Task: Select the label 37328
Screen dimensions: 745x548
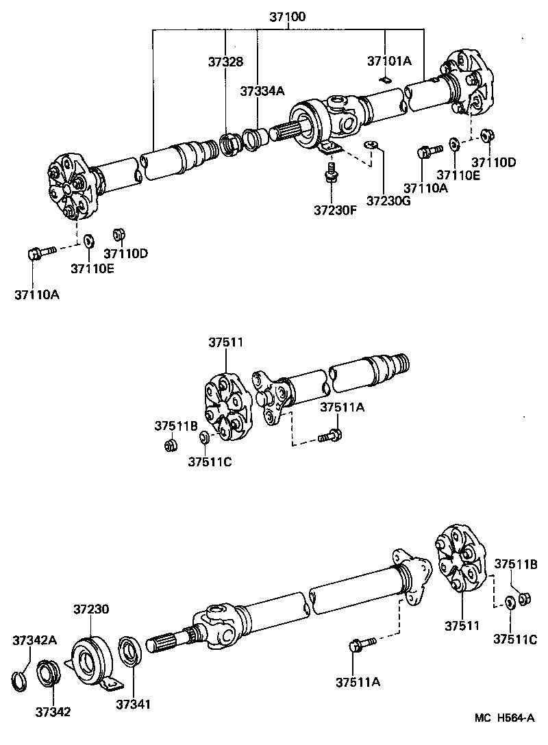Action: click(225, 61)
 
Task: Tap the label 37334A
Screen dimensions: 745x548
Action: click(262, 90)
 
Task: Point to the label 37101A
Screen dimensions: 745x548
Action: click(388, 61)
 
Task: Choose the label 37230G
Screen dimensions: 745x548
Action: click(388, 201)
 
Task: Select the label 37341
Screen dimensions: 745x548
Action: click(133, 704)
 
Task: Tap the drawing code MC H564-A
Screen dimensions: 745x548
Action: click(505, 718)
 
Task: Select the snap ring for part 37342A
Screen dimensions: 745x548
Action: click(21, 679)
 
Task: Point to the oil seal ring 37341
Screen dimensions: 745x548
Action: click(129, 651)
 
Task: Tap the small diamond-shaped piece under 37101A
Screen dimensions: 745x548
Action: click(386, 81)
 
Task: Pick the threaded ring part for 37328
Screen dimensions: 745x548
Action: click(229, 144)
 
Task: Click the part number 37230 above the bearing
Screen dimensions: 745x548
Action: click(91, 609)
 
